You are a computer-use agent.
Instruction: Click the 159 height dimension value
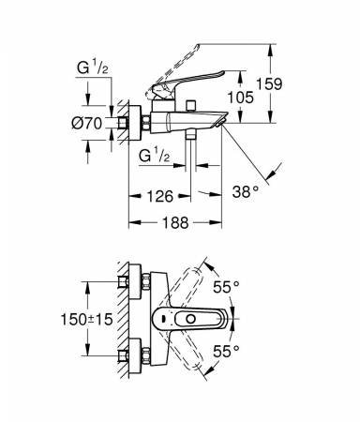[269, 83]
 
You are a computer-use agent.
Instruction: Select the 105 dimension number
[240, 98]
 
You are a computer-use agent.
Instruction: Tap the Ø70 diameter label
[87, 123]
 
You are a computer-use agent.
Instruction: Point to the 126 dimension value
[159, 196]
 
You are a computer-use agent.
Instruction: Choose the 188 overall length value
[175, 222]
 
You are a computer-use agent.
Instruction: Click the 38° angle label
[246, 191]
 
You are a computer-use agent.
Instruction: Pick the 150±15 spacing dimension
[86, 319]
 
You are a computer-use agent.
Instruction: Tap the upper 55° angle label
[226, 287]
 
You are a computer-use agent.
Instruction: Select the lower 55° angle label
[226, 351]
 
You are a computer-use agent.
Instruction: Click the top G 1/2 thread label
[93, 68]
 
